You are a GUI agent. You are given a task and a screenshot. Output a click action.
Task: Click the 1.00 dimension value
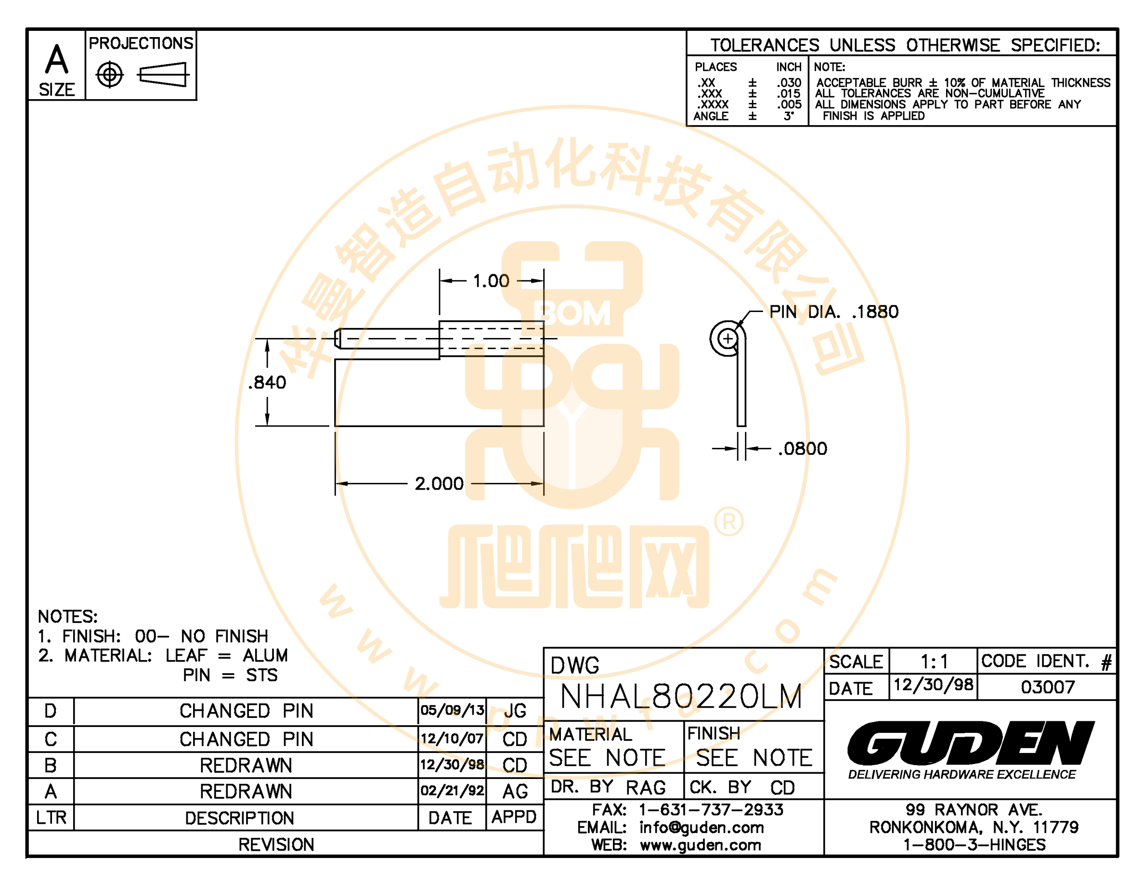pos(491,281)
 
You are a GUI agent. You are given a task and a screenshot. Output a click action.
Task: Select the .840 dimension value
pos(267,382)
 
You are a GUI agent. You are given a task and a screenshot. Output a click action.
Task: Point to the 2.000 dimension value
pos(439,483)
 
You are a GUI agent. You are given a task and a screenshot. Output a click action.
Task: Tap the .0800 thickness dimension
pos(803,449)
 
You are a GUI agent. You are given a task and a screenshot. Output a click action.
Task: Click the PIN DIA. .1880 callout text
pos(834,312)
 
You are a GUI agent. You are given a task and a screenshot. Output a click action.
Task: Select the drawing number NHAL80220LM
pos(681,697)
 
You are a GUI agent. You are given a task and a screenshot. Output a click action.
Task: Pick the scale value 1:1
pos(934,662)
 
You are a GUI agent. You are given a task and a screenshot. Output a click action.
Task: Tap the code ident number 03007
pos(1048,687)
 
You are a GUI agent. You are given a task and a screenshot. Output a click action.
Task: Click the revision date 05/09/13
pos(452,710)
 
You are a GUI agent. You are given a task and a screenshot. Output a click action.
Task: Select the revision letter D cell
pos(51,711)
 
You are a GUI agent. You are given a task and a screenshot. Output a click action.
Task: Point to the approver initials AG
pos(515,791)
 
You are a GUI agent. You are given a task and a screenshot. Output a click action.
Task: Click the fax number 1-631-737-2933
pos(711,810)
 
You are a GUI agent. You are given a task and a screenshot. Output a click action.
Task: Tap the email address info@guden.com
pos(702,828)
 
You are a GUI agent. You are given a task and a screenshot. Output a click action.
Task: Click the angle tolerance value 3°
pos(789,116)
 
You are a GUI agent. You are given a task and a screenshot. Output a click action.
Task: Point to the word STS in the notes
pos(262,675)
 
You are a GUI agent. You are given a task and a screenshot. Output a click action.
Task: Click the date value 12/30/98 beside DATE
pos(934,685)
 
